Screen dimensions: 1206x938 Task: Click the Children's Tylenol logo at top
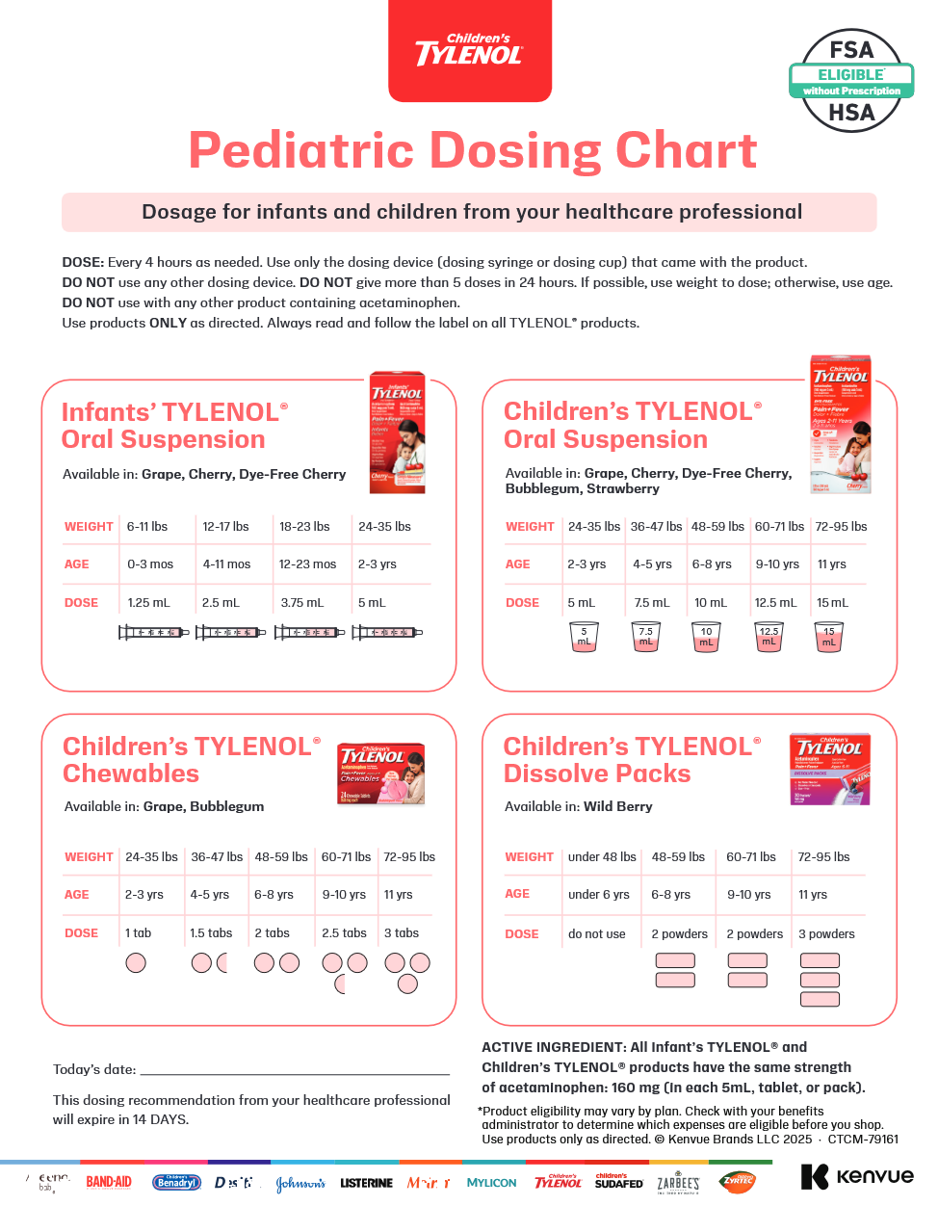pos(470,51)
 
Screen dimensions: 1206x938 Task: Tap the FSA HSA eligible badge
pos(851,81)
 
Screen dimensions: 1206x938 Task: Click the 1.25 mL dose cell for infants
pos(148,603)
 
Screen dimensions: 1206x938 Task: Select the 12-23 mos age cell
pos(307,564)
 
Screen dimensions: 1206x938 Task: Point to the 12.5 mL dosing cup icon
pos(769,637)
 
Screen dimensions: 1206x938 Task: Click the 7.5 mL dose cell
pos(651,603)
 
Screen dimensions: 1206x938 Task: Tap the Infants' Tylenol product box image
pos(397,433)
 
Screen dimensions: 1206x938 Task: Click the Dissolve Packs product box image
pos(829,769)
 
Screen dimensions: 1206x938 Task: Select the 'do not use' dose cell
pos(596,934)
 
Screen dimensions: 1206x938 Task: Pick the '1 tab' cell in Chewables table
pos(138,933)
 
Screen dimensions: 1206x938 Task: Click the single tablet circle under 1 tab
pos(136,962)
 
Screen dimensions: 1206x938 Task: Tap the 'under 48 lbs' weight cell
pos(602,857)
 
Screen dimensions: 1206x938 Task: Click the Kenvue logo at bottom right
pos(857,1176)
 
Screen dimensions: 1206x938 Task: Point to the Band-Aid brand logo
pos(109,1182)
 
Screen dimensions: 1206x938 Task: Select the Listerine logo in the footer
pos(366,1183)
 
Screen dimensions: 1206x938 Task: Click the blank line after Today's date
pos(295,1071)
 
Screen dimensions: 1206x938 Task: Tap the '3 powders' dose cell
pos(826,934)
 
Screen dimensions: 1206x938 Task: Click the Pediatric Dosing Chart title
pos(473,151)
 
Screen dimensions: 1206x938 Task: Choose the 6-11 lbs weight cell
pos(147,527)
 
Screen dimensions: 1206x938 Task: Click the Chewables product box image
pos(381,773)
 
